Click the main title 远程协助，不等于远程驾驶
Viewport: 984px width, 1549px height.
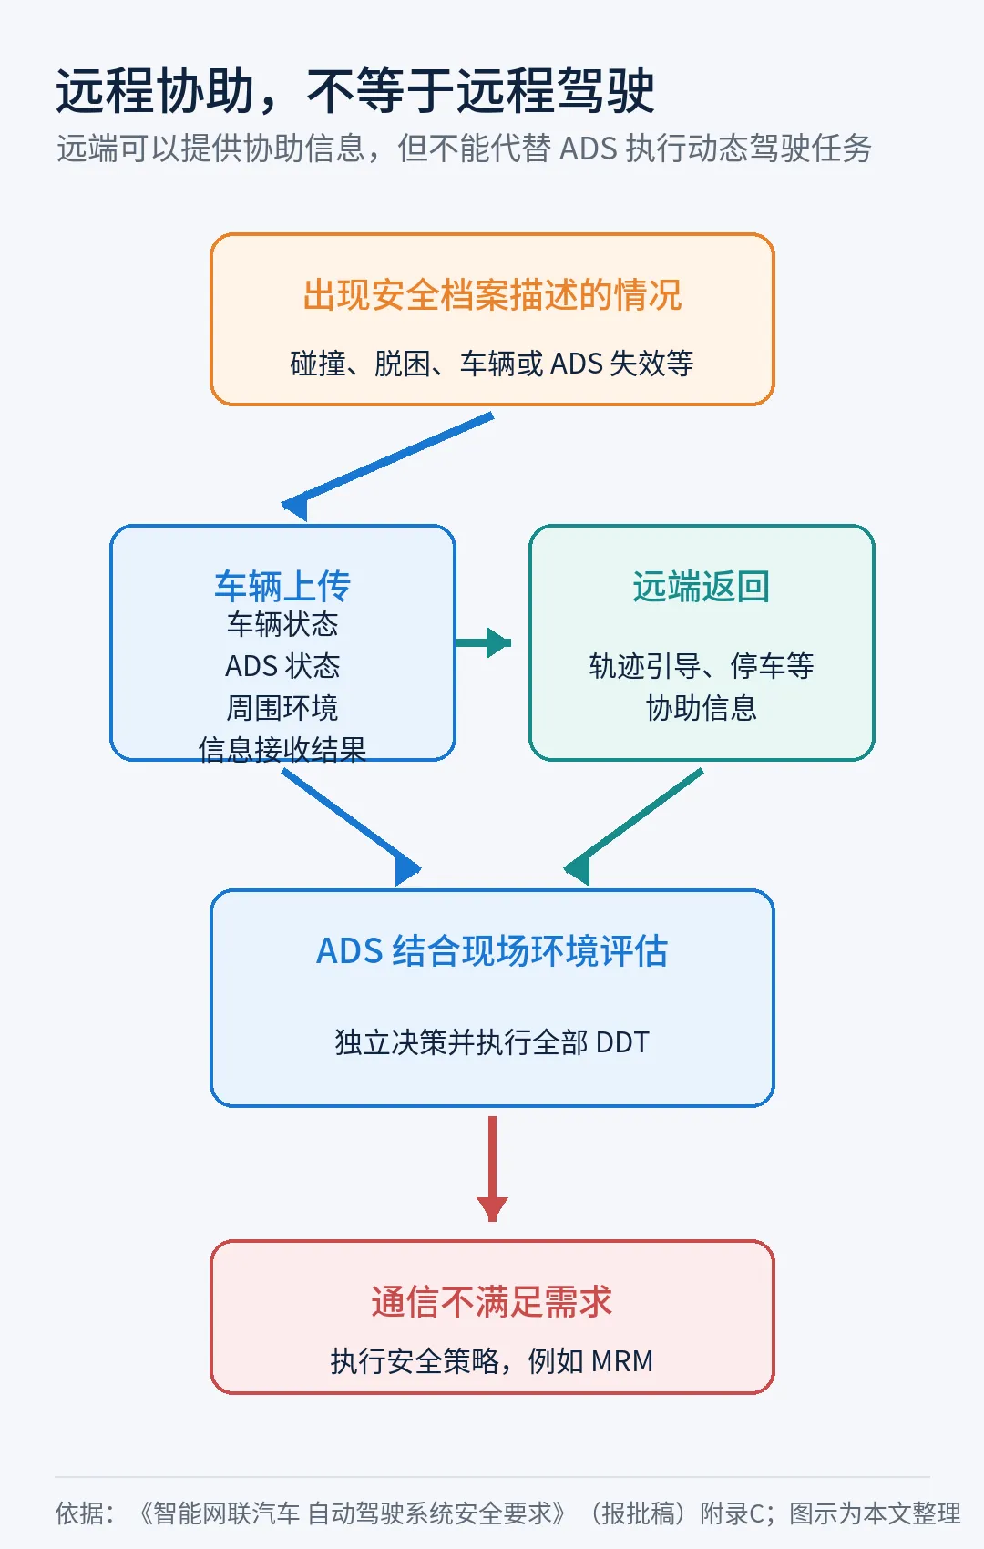pyautogui.click(x=354, y=90)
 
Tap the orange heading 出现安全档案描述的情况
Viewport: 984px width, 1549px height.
pyautogui.click(x=492, y=295)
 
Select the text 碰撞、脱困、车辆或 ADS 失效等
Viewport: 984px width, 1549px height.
pyautogui.click(x=492, y=363)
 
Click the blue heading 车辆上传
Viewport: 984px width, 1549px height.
pyautogui.click(x=282, y=587)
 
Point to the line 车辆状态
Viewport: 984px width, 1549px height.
pyautogui.click(x=282, y=624)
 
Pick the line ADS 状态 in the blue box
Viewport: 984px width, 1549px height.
pyautogui.click(x=282, y=666)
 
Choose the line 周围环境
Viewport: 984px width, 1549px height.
pyautogui.click(x=282, y=708)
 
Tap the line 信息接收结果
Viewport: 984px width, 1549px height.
pyautogui.click(x=282, y=750)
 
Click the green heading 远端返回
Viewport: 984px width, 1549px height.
pyautogui.click(x=702, y=587)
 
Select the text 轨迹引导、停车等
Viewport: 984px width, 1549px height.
pyautogui.click(x=702, y=666)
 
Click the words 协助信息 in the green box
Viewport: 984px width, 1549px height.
pyautogui.click(x=702, y=708)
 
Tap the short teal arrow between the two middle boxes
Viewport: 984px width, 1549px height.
pyautogui.click(x=484, y=642)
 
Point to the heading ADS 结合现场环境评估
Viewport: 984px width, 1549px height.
pyautogui.click(x=492, y=951)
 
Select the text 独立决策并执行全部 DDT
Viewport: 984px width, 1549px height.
pyautogui.click(x=492, y=1042)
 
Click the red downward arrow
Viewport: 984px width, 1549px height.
pyautogui.click(x=492, y=1169)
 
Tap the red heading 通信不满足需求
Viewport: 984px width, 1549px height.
pyautogui.click(x=492, y=1301)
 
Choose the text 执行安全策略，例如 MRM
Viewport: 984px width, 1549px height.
pyautogui.click(x=492, y=1361)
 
